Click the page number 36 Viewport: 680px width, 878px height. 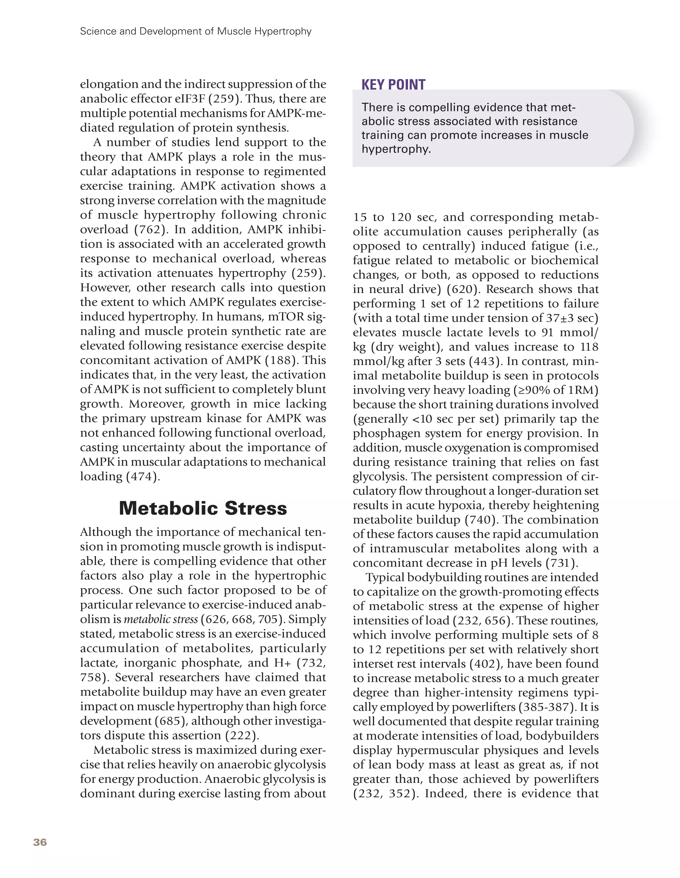pos(40,842)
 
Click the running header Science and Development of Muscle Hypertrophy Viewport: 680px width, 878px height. pos(196,31)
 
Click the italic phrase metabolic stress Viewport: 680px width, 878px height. pos(161,619)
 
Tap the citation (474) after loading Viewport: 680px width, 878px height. pos(143,476)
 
